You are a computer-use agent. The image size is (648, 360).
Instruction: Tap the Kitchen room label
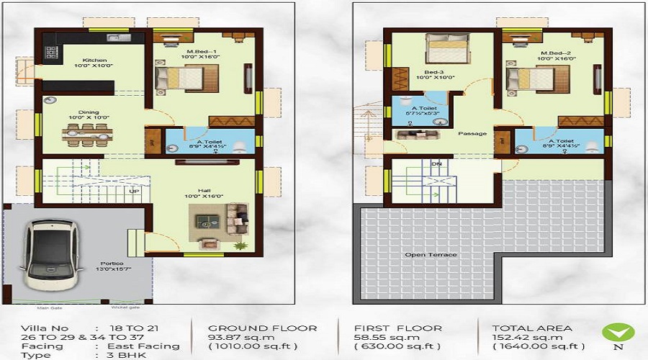(94, 60)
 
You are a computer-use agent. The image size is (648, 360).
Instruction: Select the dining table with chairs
(89, 132)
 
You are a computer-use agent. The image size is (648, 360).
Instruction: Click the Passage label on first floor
(472, 133)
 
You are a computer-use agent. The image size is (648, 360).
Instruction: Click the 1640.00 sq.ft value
(536, 346)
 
